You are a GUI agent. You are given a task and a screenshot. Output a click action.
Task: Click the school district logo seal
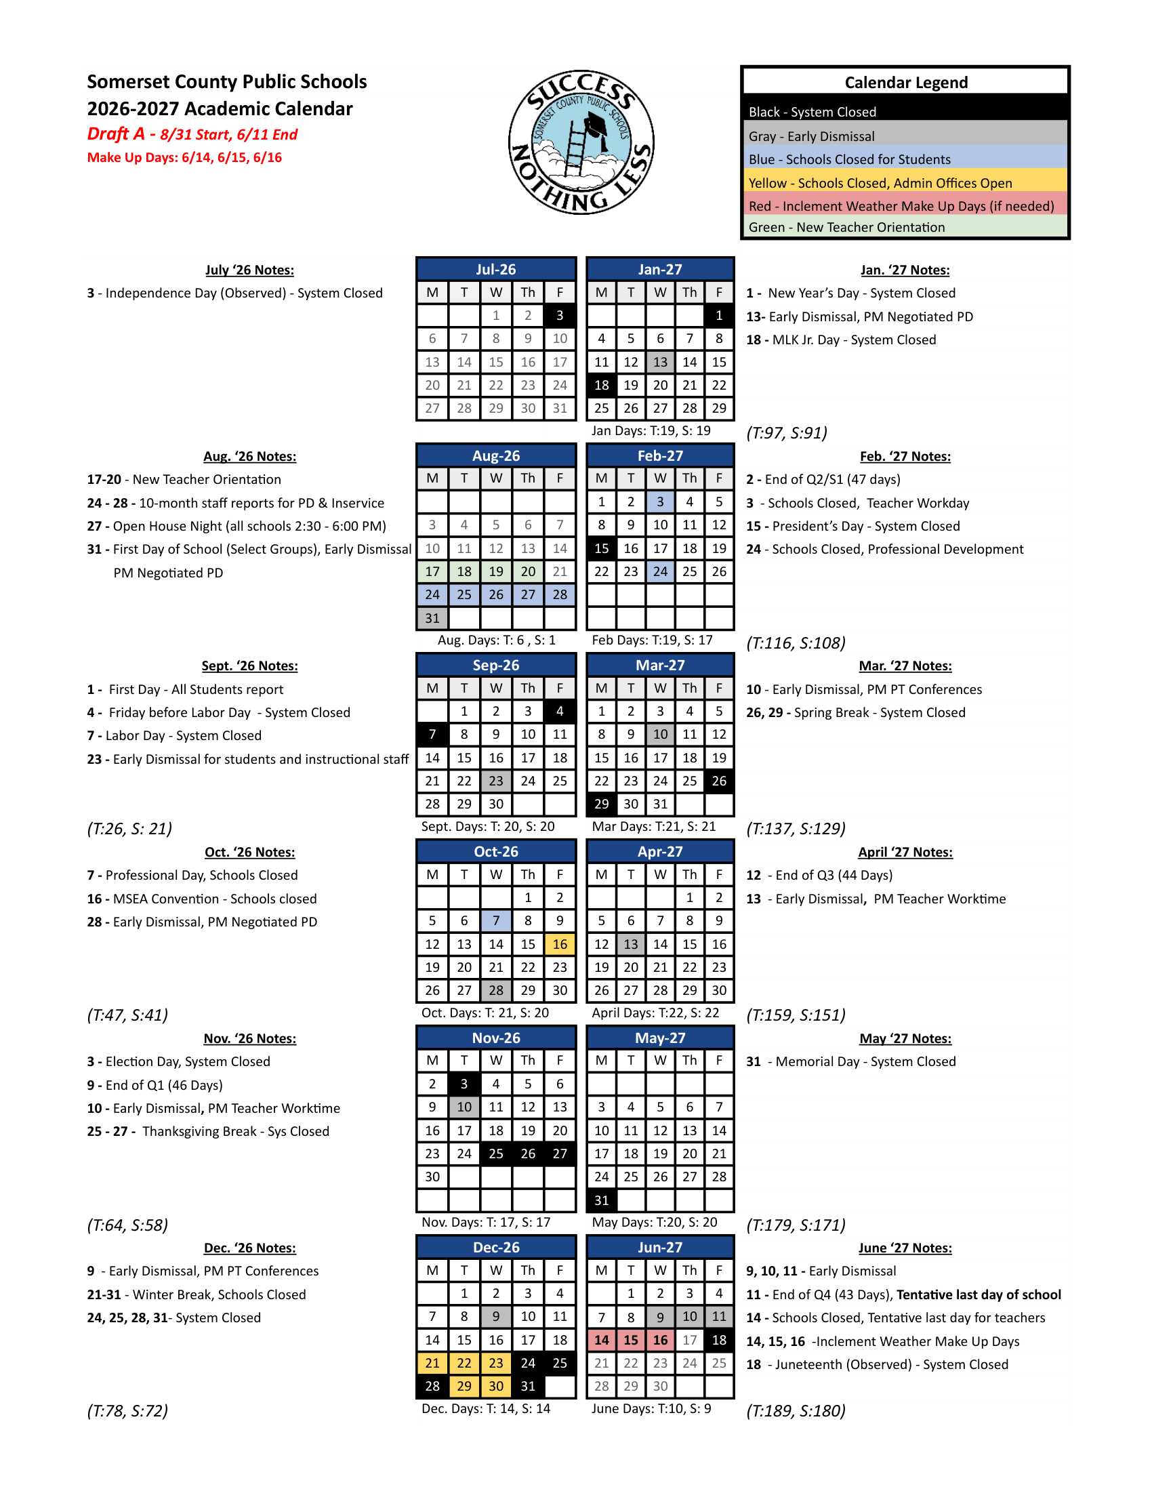pos(581,142)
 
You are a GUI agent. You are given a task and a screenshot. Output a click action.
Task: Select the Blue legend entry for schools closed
pos(905,159)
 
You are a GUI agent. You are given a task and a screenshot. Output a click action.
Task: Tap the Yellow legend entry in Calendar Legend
pos(905,183)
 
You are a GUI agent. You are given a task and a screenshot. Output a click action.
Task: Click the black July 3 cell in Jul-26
pos(560,315)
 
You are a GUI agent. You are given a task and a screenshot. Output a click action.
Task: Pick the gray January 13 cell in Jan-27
pos(660,362)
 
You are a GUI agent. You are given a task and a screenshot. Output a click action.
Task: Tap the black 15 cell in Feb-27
pos(601,548)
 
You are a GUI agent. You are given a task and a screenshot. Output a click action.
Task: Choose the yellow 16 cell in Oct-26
pos(560,944)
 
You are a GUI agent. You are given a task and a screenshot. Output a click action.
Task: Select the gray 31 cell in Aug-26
pos(432,618)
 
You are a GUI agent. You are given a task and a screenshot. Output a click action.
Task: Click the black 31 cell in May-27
pos(601,1200)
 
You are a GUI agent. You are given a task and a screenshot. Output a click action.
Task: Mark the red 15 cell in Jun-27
pos(631,1340)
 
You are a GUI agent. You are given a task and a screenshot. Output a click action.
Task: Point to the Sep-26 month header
pos(496,665)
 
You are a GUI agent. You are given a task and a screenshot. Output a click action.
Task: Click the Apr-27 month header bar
pos(660,851)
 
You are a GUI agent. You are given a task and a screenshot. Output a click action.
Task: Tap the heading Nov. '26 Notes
pos(250,1038)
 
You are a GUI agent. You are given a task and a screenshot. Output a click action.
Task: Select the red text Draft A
pos(116,134)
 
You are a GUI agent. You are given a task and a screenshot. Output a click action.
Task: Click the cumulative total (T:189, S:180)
pos(796,1410)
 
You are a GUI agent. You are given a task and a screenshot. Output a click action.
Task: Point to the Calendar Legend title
pos(905,83)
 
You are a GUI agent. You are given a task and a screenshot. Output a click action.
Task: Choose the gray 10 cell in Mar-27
pos(660,735)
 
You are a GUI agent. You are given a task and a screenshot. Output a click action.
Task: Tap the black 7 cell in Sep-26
pos(432,735)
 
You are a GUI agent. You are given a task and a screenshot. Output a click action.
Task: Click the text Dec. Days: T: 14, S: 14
pos(486,1408)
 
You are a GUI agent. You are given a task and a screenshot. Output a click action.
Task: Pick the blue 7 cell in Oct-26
pos(496,921)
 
